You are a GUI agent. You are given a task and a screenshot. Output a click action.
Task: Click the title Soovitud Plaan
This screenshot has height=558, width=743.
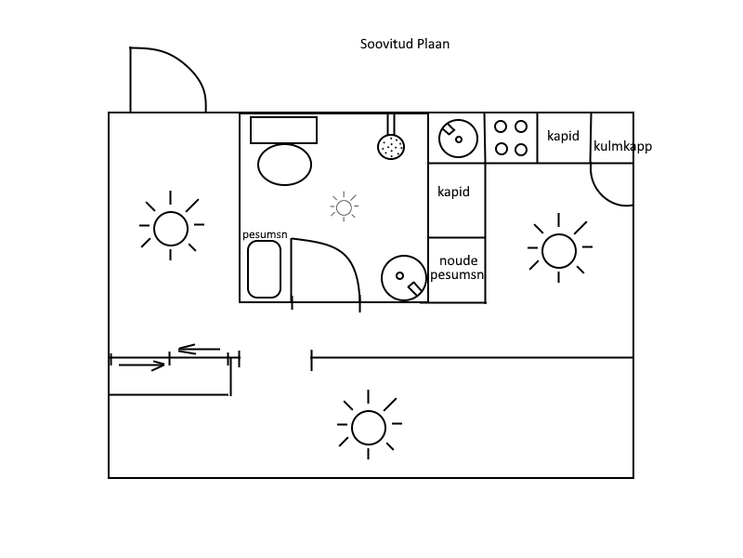pyautogui.click(x=405, y=44)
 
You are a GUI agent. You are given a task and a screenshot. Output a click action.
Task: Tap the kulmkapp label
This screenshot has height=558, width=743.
pyautogui.click(x=621, y=146)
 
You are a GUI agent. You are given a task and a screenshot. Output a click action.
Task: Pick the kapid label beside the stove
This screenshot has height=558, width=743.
pyautogui.click(x=563, y=136)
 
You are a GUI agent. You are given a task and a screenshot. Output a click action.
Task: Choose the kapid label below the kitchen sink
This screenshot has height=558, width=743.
pyautogui.click(x=453, y=193)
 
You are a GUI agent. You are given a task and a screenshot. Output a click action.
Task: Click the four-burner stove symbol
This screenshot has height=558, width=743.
pyautogui.click(x=511, y=138)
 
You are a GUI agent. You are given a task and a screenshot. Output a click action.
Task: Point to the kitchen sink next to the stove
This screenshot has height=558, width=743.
pyautogui.click(x=457, y=138)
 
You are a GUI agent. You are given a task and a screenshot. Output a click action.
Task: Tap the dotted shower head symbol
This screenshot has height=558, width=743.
pyautogui.click(x=391, y=145)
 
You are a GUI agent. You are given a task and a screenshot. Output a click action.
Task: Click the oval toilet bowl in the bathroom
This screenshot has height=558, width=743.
pyautogui.click(x=284, y=166)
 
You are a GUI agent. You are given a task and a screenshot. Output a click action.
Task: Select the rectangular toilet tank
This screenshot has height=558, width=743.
pyautogui.click(x=283, y=129)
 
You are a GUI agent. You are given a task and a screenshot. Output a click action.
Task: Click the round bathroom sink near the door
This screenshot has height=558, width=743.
pyautogui.click(x=404, y=277)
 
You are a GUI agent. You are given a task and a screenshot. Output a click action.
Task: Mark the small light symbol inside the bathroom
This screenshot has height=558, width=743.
pyautogui.click(x=345, y=207)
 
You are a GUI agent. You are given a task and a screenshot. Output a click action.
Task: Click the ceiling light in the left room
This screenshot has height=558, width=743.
pyautogui.click(x=171, y=228)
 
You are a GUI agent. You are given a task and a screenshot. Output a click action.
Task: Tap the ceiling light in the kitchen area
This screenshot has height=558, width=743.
pyautogui.click(x=558, y=250)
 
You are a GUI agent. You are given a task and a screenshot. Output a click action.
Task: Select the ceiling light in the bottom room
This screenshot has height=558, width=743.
pyautogui.click(x=368, y=427)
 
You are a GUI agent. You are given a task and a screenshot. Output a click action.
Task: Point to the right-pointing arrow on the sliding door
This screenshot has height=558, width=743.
pyautogui.click(x=142, y=365)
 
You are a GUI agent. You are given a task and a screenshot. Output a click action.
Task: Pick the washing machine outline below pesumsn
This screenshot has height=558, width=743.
pyautogui.click(x=264, y=270)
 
